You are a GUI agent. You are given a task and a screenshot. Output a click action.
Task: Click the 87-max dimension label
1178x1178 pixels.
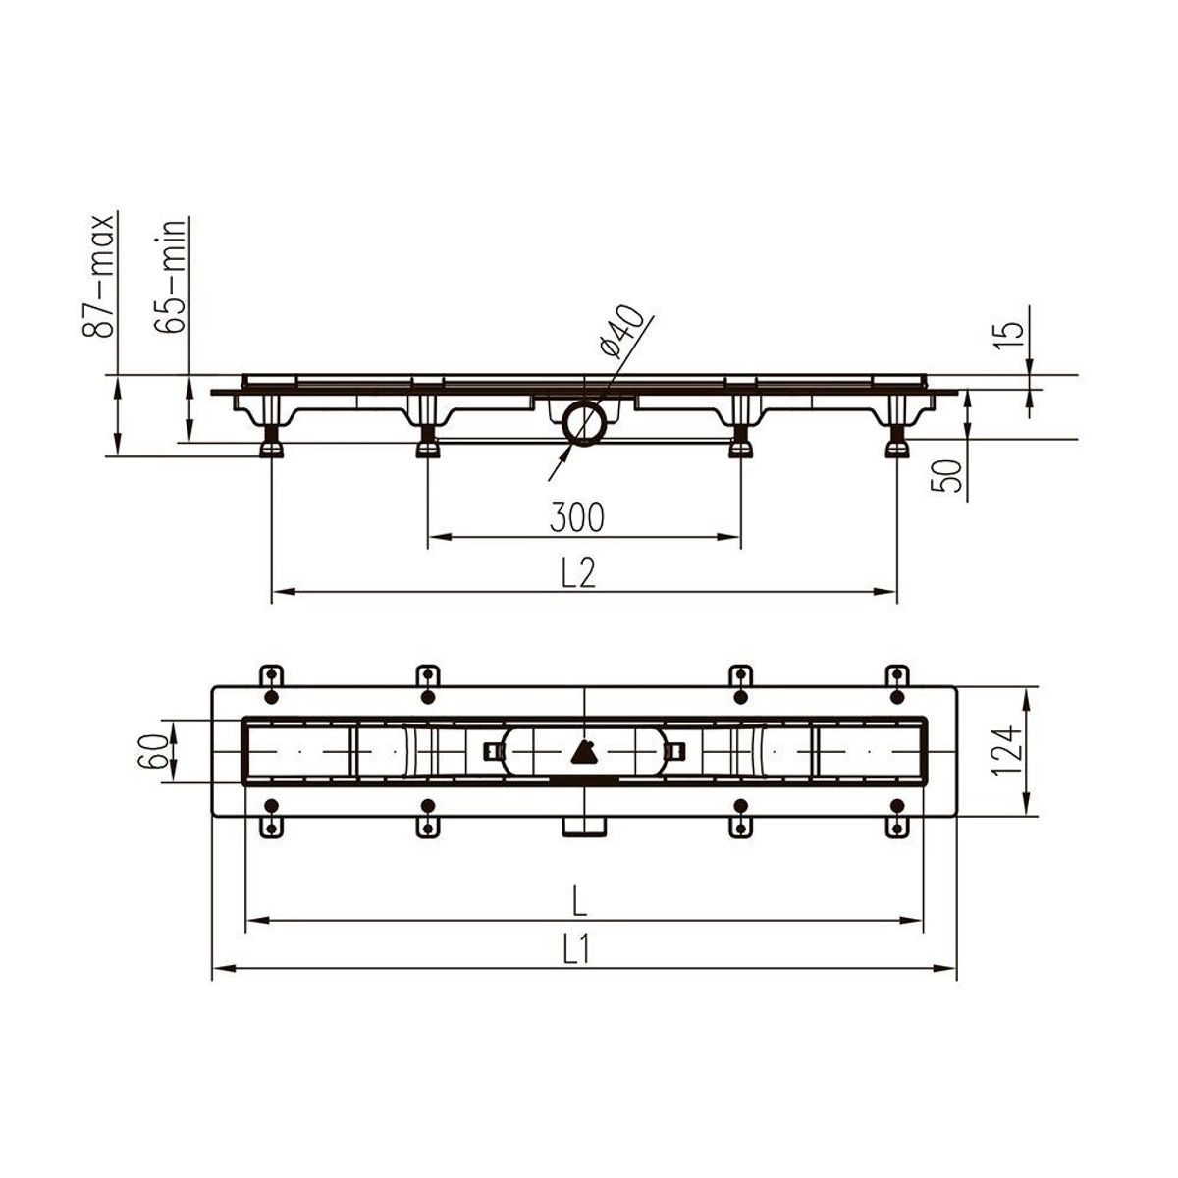(x=98, y=276)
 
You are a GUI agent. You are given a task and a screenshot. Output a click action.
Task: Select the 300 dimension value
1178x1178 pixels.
(x=576, y=516)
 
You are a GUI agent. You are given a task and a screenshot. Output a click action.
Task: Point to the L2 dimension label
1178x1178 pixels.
(x=577, y=572)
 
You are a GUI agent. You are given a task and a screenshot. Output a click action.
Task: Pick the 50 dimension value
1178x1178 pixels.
(x=946, y=476)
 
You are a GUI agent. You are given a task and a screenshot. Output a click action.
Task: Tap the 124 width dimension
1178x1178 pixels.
(x=1005, y=750)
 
